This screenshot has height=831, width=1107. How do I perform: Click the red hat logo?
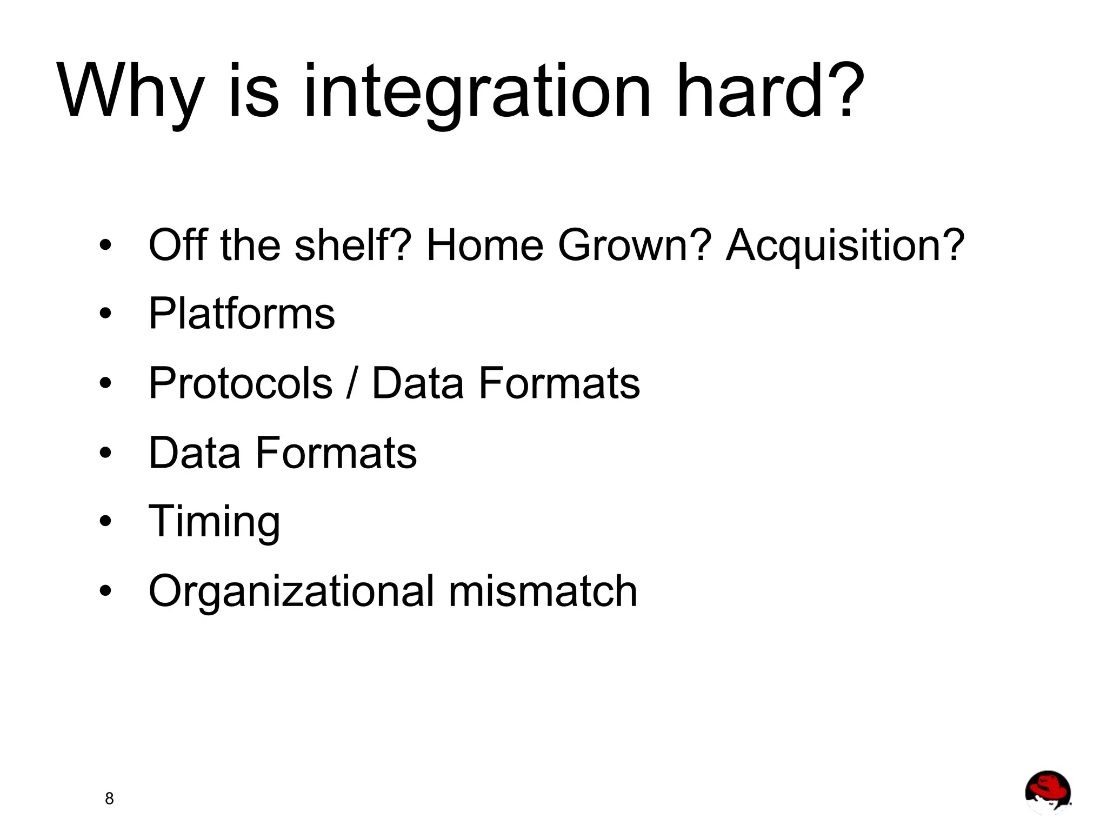point(1048,791)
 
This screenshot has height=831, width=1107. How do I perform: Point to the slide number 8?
point(109,799)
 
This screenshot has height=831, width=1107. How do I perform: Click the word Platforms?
point(242,314)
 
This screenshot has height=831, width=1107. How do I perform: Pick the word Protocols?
point(241,383)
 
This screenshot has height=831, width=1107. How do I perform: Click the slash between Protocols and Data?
point(352,383)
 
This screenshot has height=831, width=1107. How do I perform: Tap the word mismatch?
point(543,590)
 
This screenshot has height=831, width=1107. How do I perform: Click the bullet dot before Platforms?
point(105,314)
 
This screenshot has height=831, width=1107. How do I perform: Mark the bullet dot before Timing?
point(105,521)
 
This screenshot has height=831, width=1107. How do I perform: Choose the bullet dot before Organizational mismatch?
point(105,590)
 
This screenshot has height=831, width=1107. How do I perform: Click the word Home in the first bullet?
point(484,245)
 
